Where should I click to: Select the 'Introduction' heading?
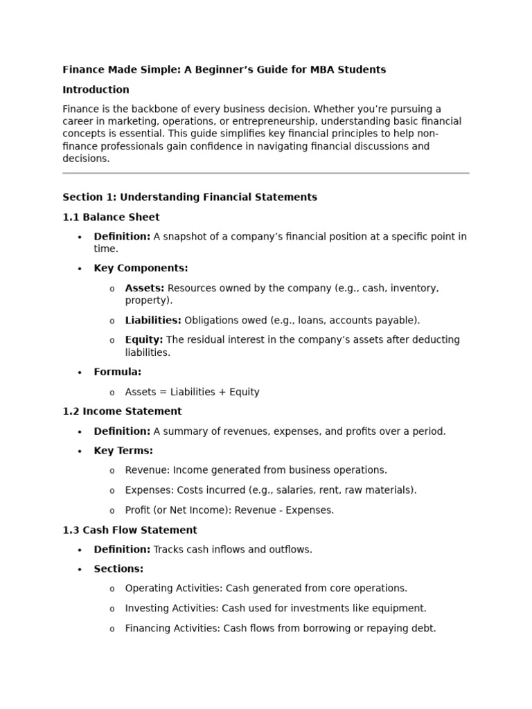pyautogui.click(x=96, y=90)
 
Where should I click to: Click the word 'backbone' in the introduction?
pyautogui.click(x=157, y=109)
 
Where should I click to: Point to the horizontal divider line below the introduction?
pyautogui.click(x=265, y=173)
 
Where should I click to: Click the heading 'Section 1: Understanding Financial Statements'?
pyautogui.click(x=189, y=197)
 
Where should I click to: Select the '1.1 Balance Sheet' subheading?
pyautogui.click(x=111, y=217)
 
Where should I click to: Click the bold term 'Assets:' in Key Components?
pyautogui.click(x=144, y=288)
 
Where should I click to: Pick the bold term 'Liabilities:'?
pyautogui.click(x=152, y=321)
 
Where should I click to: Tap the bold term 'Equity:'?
pyautogui.click(x=143, y=340)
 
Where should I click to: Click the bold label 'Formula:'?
pyautogui.click(x=117, y=373)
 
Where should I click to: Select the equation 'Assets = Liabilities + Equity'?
pyautogui.click(x=192, y=393)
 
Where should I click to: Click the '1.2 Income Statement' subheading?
pyautogui.click(x=122, y=411)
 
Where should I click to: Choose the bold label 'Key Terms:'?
pyautogui.click(x=123, y=451)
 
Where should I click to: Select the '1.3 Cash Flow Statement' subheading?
pyautogui.click(x=130, y=530)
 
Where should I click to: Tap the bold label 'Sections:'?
pyautogui.click(x=118, y=569)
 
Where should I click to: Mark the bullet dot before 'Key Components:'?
pyautogui.click(x=80, y=269)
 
